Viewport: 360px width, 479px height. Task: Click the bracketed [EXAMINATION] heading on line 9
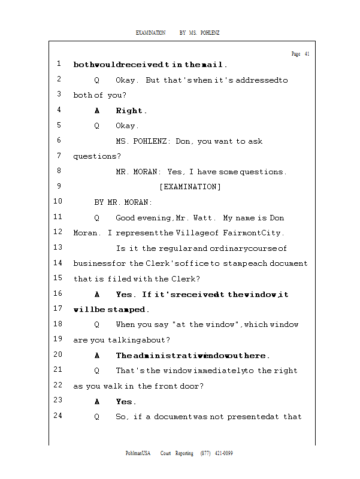[x=190, y=187]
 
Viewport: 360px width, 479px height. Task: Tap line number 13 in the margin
[x=58, y=247]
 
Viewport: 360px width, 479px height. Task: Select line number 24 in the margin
[x=58, y=416]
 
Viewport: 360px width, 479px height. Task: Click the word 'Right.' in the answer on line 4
[x=131, y=111]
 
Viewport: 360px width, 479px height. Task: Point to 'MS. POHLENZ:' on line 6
[x=143, y=141]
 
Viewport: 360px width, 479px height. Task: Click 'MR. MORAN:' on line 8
[x=138, y=172]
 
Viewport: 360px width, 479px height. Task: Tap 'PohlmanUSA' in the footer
[x=138, y=453]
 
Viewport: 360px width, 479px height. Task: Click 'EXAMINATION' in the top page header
[x=150, y=32]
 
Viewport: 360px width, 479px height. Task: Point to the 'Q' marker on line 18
[x=97, y=325]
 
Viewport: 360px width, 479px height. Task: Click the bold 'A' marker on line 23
[x=97, y=402]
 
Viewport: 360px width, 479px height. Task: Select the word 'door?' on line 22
[x=192, y=386]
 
